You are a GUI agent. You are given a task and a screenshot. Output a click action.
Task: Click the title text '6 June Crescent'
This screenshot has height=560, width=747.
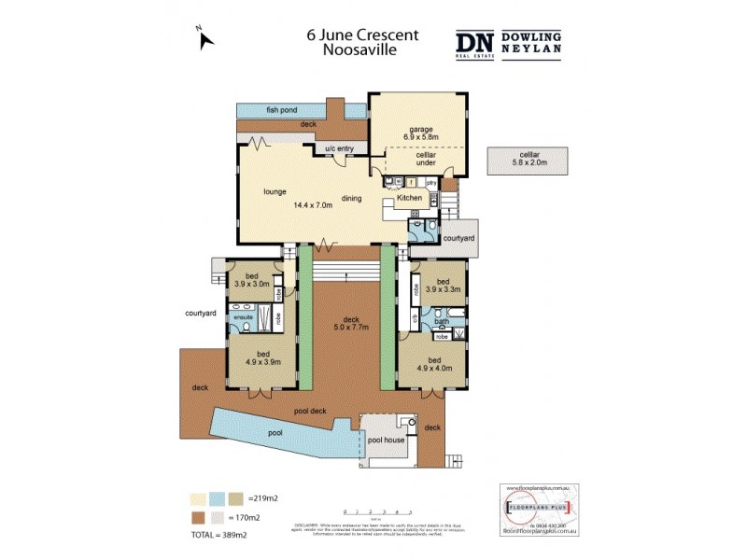(x=362, y=35)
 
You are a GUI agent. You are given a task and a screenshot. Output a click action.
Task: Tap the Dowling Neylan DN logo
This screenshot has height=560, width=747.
(x=475, y=43)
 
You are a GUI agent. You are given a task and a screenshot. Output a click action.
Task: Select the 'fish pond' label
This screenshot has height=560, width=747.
(x=281, y=110)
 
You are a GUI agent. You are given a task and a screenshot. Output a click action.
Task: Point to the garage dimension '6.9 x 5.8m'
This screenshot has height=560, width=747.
(x=417, y=137)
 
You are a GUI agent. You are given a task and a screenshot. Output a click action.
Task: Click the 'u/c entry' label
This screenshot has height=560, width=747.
(x=339, y=148)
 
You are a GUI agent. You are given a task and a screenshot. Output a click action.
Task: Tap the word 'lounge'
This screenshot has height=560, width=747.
(x=275, y=191)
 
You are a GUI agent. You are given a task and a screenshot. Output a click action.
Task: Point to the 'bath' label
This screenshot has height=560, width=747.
(x=442, y=322)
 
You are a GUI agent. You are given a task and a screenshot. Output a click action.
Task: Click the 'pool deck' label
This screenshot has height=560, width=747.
(x=308, y=410)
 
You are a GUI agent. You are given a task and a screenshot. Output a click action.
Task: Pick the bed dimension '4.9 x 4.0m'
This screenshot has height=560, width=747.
(x=436, y=368)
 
